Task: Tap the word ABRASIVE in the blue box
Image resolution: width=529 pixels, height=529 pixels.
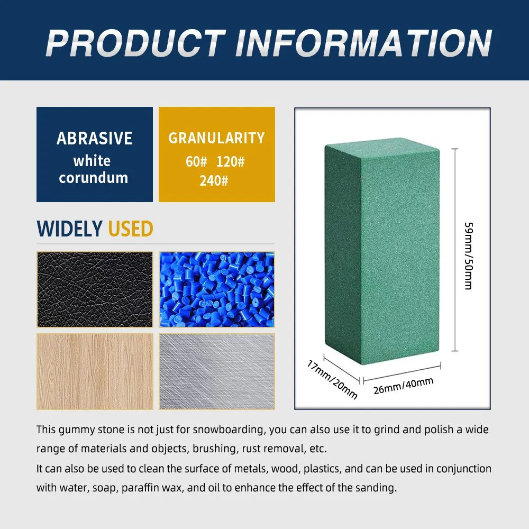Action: pyautogui.click(x=94, y=138)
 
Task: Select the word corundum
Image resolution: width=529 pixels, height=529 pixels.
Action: pyautogui.click(x=94, y=178)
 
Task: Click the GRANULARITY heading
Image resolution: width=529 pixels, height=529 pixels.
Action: pyautogui.click(x=216, y=138)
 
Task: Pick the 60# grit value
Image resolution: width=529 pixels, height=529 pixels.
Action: pyautogui.click(x=196, y=161)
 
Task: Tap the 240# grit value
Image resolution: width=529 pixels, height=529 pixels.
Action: pyautogui.click(x=214, y=181)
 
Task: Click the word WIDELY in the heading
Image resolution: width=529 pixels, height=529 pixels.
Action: pyautogui.click(x=69, y=229)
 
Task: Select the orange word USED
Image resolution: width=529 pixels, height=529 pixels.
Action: pyautogui.click(x=131, y=229)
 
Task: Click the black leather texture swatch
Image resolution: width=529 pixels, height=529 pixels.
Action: pyautogui.click(x=95, y=289)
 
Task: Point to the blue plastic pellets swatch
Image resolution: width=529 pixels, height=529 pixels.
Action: pyautogui.click(x=217, y=289)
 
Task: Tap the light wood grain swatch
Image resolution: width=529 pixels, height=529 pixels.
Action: pyautogui.click(x=95, y=371)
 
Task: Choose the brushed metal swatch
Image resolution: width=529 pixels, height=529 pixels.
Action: pyautogui.click(x=217, y=371)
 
